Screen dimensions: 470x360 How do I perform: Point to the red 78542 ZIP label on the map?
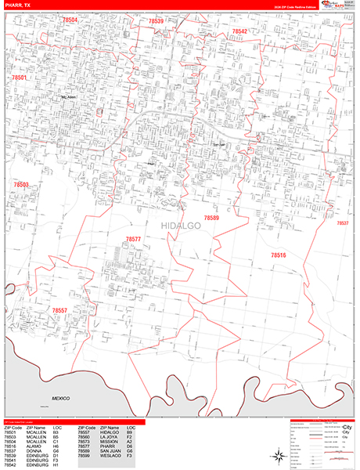click(x=239, y=32)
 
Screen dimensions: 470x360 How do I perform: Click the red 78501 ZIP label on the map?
click(x=20, y=78)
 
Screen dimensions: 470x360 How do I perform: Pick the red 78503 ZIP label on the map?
click(x=21, y=185)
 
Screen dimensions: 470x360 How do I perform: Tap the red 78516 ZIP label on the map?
click(x=279, y=255)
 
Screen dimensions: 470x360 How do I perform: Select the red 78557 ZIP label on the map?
click(x=61, y=311)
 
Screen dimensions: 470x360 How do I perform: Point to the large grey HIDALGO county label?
click(x=181, y=226)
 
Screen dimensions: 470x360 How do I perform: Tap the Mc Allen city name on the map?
click(x=69, y=97)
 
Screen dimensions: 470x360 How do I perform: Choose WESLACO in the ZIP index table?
click(x=110, y=456)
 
